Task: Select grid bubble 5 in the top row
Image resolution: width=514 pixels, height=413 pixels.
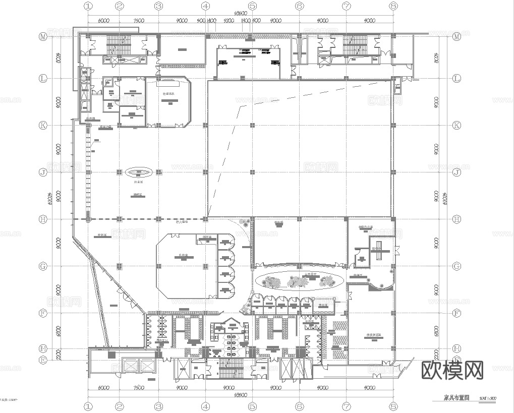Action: click(x=252, y=7)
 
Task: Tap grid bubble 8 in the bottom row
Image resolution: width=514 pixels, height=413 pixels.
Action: click(x=393, y=405)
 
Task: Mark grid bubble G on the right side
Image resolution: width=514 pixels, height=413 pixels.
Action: click(x=456, y=266)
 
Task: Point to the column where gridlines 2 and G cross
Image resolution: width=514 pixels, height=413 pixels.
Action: click(x=120, y=266)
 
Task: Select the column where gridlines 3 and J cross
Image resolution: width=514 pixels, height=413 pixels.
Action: click(x=158, y=172)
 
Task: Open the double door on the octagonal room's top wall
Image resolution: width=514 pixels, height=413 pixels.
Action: click(x=204, y=241)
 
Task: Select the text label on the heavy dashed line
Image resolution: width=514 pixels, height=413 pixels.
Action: click(x=179, y=222)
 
